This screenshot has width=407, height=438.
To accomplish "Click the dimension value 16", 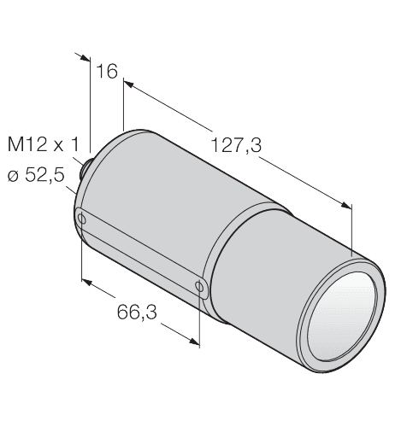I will click(107, 71).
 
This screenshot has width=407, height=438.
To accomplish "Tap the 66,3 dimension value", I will click(137, 312).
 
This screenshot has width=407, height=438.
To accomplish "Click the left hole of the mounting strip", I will click(82, 219).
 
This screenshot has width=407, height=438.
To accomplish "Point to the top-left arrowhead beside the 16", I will click(84, 57).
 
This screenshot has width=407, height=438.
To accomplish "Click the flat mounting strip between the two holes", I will click(141, 252).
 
